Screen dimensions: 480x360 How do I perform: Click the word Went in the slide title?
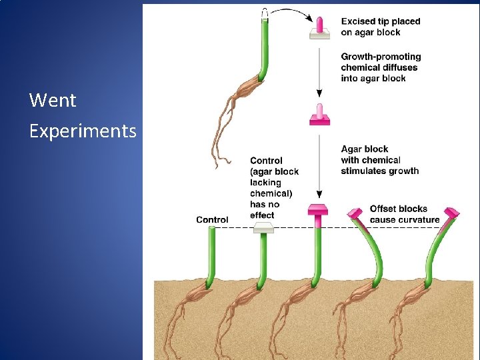(53, 101)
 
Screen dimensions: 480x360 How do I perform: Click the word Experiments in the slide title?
(83, 131)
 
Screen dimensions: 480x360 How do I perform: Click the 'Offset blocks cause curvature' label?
(404, 214)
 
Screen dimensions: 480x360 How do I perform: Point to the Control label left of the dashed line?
(212, 219)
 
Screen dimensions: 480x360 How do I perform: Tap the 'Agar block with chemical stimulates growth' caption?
(379, 160)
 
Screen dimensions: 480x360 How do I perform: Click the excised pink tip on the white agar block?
(320, 25)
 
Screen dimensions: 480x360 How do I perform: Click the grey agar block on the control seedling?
(264, 229)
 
